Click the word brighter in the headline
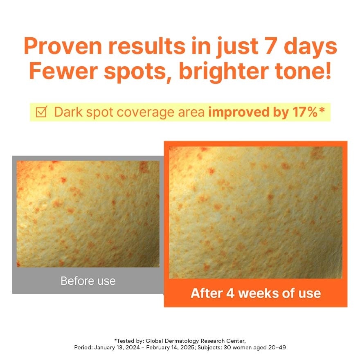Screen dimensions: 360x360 click(x=224, y=72)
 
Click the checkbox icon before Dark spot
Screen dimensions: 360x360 click(x=42, y=112)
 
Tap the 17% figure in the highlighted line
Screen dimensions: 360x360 click(x=305, y=112)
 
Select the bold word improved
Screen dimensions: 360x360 click(x=239, y=112)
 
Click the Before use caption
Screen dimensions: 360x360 click(x=88, y=281)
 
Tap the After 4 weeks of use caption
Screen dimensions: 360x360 click(x=256, y=293)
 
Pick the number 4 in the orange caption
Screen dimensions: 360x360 click(x=230, y=293)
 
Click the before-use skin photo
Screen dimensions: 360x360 click(x=88, y=214)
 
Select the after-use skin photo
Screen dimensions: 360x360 click(x=256, y=213)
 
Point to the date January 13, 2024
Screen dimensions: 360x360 click(x=117, y=348)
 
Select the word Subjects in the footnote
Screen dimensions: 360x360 click(x=209, y=348)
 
